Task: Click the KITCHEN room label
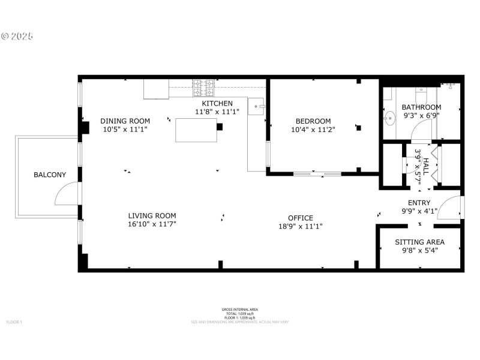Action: (x=217, y=104)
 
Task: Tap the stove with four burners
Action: (x=202, y=89)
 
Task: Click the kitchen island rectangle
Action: (x=196, y=130)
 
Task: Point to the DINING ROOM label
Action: (x=125, y=121)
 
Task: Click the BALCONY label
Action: (x=50, y=175)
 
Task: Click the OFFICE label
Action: (x=300, y=218)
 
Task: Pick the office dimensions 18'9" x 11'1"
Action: (x=300, y=226)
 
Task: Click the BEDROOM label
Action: (x=313, y=121)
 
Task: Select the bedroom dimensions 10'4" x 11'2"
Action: (x=313, y=129)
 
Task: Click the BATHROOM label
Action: (x=421, y=107)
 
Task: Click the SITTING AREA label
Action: (x=419, y=242)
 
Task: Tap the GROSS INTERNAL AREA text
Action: (x=240, y=310)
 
